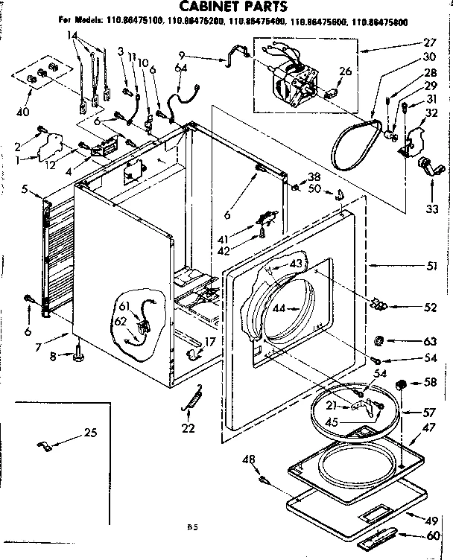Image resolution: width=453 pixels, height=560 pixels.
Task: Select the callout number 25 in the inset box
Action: click(90, 433)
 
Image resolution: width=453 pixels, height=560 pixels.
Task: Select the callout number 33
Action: click(432, 209)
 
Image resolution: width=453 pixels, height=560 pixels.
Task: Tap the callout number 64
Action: click(180, 69)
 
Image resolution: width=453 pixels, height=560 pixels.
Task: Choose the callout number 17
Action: click(210, 343)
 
